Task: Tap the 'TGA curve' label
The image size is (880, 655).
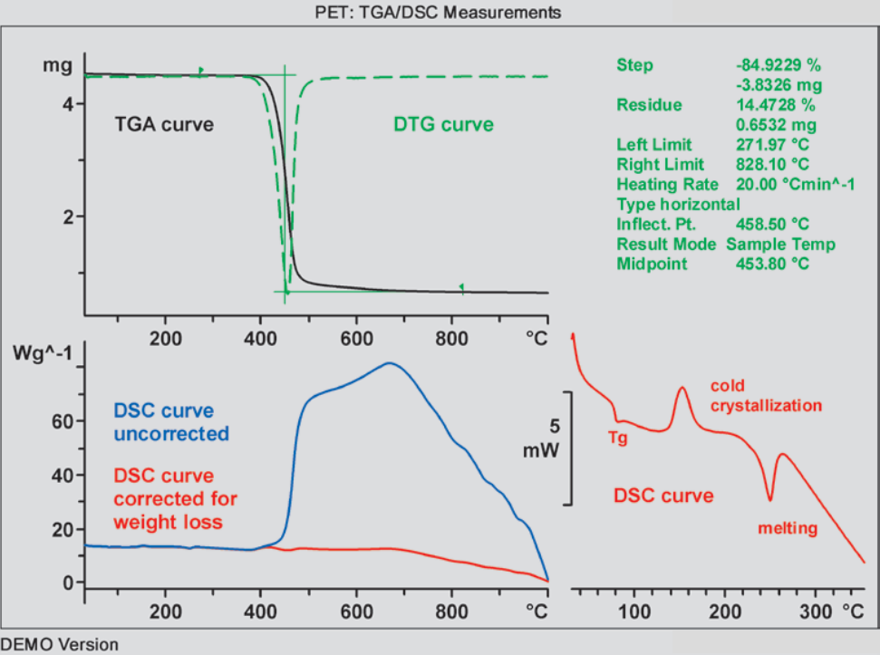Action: tap(164, 124)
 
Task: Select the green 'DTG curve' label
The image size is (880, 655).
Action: tap(443, 124)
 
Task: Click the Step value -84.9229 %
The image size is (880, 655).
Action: tap(778, 65)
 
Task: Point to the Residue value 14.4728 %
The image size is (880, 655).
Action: tap(778, 105)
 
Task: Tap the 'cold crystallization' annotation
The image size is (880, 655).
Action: tap(766, 395)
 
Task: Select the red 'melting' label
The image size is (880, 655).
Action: tap(788, 528)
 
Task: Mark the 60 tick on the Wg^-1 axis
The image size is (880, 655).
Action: tap(62, 421)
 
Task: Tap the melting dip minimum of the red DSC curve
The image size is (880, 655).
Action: tap(770, 499)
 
